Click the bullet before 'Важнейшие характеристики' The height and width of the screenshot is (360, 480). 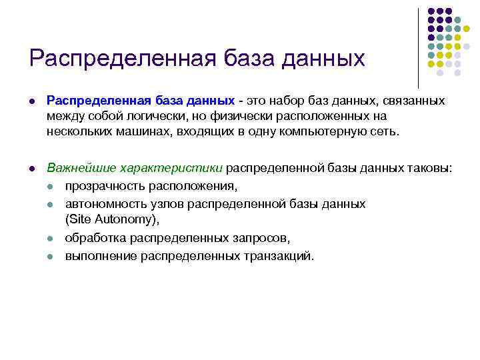32,169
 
